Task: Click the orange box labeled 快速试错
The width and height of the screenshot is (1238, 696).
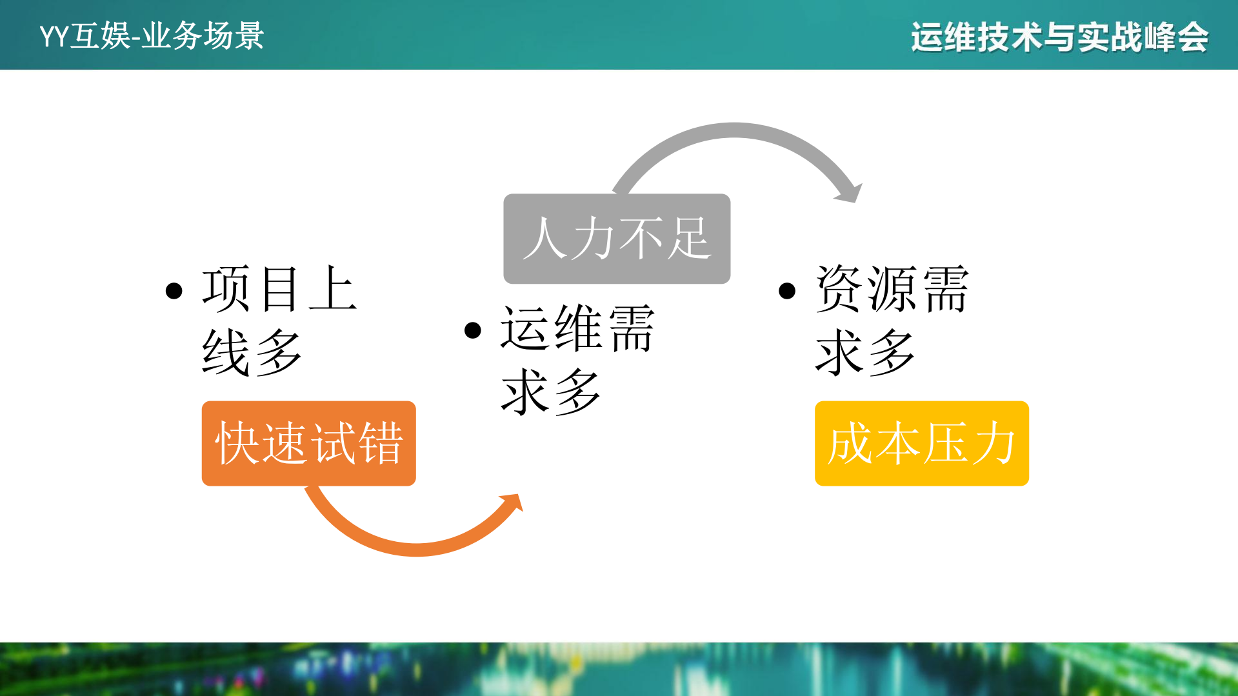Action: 308,443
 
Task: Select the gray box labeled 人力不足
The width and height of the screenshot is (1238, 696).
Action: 616,239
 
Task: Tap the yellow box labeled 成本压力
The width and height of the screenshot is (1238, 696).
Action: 921,443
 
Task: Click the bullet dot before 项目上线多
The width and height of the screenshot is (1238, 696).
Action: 174,291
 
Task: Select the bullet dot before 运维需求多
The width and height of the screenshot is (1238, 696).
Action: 473,330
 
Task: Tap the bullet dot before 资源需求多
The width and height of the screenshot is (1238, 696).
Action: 787,291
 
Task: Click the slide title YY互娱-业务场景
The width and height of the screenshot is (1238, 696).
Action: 152,36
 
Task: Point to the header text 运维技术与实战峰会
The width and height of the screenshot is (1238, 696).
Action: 1059,37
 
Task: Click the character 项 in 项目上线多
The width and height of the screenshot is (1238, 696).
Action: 226,289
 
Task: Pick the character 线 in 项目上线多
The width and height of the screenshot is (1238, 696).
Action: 226,352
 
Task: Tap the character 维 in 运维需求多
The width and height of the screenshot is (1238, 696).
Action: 578,328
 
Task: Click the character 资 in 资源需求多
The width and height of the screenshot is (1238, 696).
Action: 839,289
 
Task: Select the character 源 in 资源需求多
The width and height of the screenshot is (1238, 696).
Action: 893,289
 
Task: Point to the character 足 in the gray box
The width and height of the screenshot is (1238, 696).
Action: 689,239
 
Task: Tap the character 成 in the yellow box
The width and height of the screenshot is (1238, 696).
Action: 850,443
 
